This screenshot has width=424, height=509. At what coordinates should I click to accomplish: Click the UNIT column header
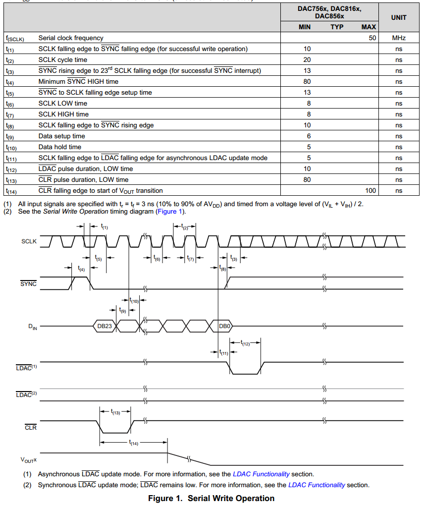click(x=398, y=17)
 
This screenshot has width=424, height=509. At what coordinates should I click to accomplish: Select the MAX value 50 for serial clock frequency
click(x=372, y=38)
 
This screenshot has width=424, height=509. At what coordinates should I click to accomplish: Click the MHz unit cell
click(x=398, y=38)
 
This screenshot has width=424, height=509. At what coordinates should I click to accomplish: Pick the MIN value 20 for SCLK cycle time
click(x=307, y=59)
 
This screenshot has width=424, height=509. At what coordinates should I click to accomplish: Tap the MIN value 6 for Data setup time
click(x=307, y=136)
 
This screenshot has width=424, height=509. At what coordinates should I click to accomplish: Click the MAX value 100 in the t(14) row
click(x=370, y=190)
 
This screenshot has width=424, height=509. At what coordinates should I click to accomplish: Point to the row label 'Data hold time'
click(x=60, y=147)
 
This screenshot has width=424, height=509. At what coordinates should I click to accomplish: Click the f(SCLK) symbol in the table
click(x=15, y=38)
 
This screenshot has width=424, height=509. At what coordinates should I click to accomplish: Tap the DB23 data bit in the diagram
click(x=105, y=326)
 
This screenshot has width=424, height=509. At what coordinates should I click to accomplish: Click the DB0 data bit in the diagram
click(x=225, y=326)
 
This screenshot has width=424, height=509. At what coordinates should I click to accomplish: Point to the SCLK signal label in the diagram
click(x=29, y=241)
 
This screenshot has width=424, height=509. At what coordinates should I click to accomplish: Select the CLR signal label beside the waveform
click(x=30, y=427)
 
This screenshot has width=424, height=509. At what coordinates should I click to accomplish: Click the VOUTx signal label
click(x=29, y=460)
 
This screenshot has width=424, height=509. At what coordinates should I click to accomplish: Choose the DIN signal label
click(x=32, y=327)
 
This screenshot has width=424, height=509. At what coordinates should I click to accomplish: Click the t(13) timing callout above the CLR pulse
click(x=115, y=412)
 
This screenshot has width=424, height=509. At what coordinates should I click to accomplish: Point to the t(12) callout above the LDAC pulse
click(x=245, y=343)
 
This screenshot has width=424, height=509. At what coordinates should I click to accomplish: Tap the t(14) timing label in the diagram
click(x=133, y=443)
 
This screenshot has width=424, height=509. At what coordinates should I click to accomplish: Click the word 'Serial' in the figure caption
click(x=201, y=498)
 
